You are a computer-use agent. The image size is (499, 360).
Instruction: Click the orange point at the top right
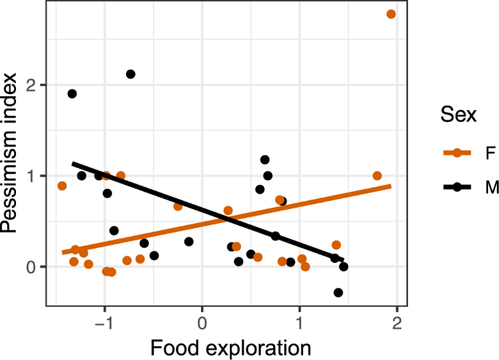point(391,14)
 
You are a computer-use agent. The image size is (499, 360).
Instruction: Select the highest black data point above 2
point(130,74)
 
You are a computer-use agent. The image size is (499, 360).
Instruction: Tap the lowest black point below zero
point(338,292)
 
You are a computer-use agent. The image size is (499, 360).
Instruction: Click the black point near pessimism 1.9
point(72,93)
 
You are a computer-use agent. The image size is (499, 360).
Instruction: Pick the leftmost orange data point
point(62,186)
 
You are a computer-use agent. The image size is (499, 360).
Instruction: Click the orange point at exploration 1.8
point(377,176)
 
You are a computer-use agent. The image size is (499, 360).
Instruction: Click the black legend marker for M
point(455,187)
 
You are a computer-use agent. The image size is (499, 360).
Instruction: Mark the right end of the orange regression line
point(391,186)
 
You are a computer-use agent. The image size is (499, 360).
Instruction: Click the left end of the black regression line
point(72,163)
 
